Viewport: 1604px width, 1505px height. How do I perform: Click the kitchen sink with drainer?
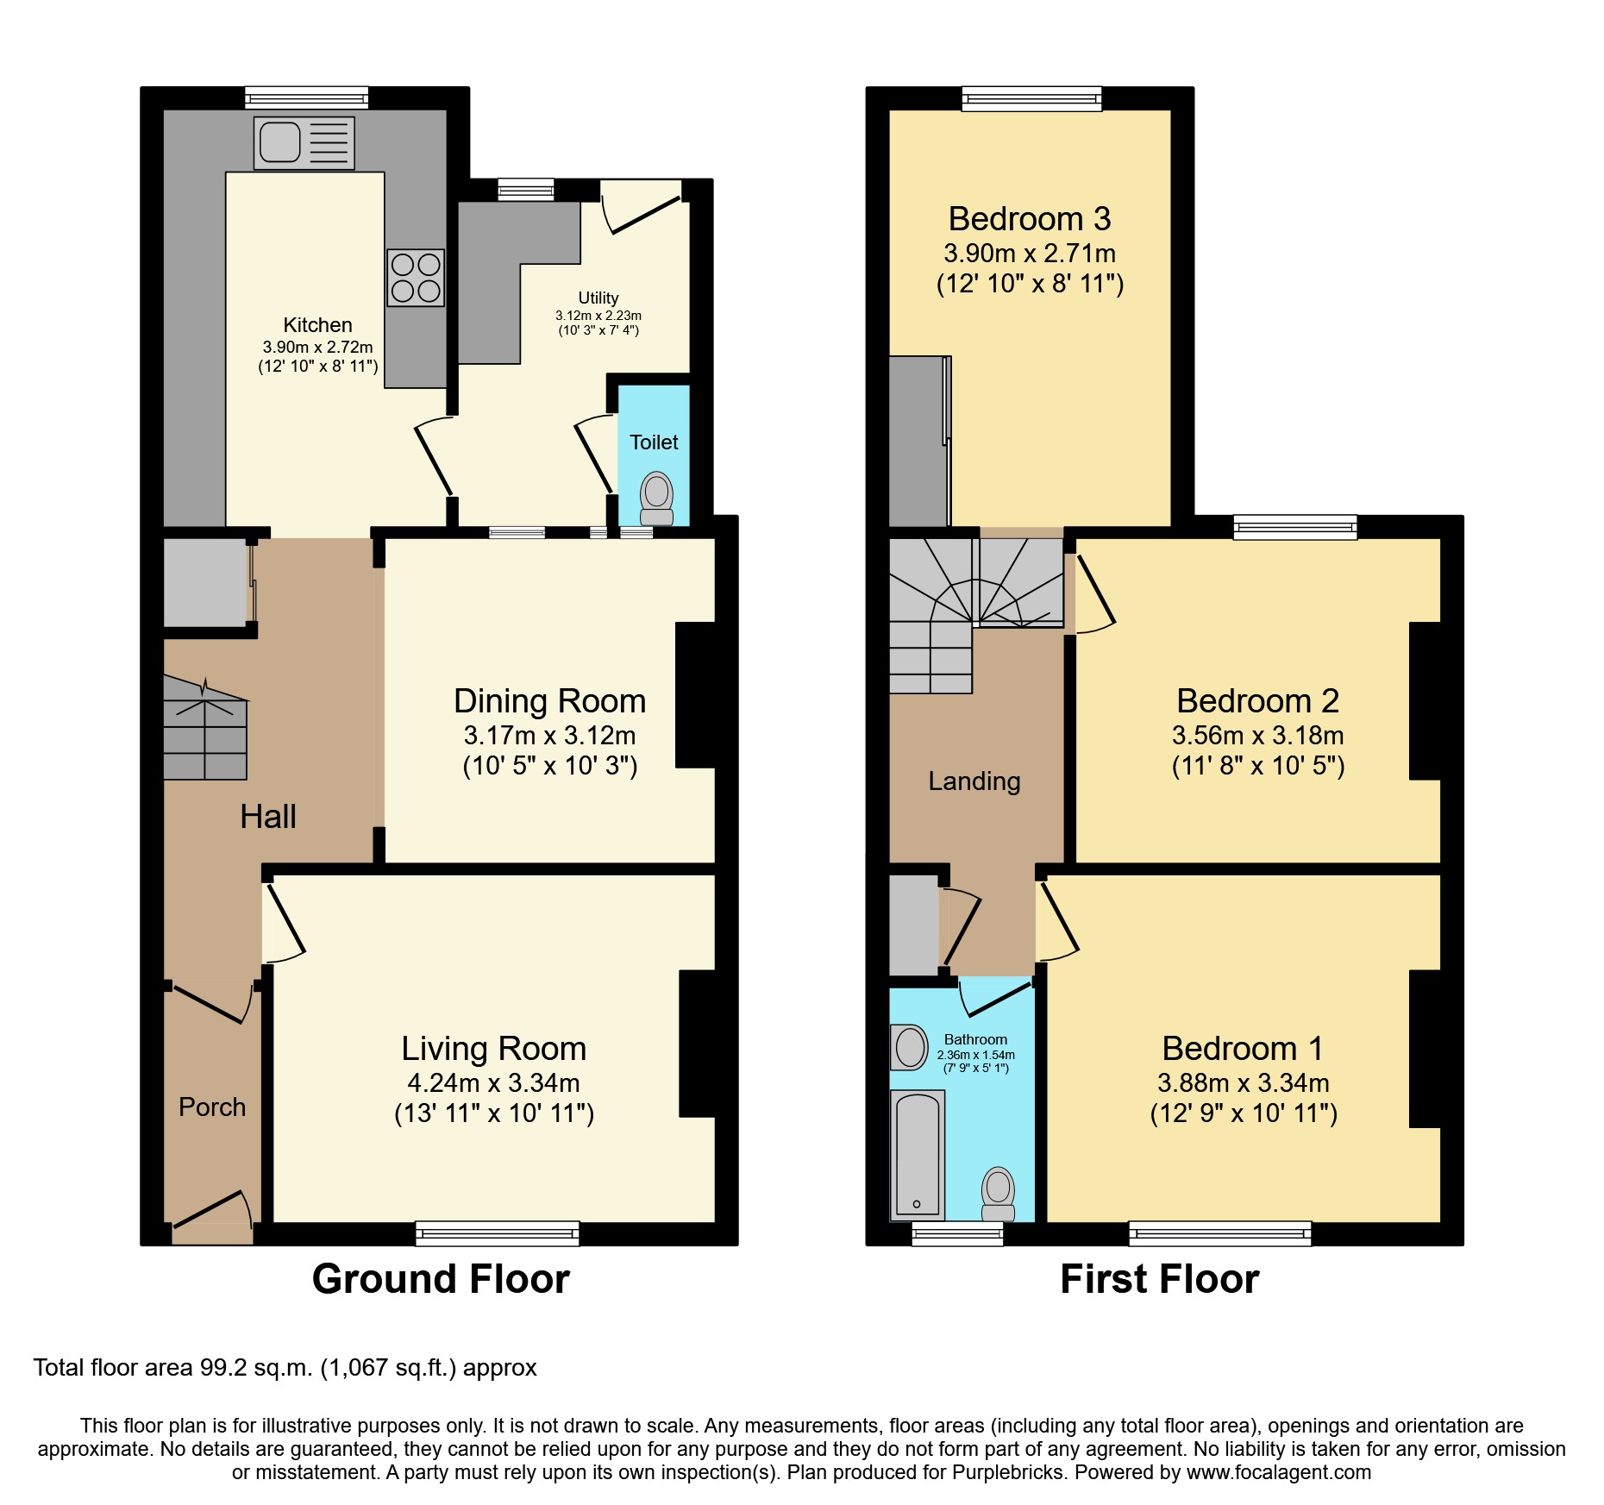pyautogui.click(x=304, y=142)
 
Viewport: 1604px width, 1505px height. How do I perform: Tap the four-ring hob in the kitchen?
pyautogui.click(x=416, y=278)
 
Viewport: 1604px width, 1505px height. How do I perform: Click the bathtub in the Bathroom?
pyautogui.click(x=918, y=1154)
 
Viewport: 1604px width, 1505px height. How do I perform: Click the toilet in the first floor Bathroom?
pyautogui.click(x=998, y=1193)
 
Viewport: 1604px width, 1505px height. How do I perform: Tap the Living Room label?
pyautogui.click(x=493, y=1049)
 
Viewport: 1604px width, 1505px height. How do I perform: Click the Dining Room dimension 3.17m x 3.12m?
pyautogui.click(x=549, y=736)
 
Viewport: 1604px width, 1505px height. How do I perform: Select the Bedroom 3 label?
pyautogui.click(x=1029, y=219)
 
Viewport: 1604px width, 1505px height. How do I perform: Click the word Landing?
pyautogui.click(x=974, y=781)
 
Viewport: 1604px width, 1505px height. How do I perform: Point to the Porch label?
pyautogui.click(x=212, y=1107)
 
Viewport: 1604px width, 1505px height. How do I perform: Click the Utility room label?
pyautogui.click(x=598, y=298)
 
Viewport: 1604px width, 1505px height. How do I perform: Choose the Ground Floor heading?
pyautogui.click(x=441, y=1278)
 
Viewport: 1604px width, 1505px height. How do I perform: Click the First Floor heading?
pyautogui.click(x=1158, y=1278)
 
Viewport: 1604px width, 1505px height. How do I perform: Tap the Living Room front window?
pyautogui.click(x=497, y=1233)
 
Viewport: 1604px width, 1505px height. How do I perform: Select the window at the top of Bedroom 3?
pyautogui.click(x=1031, y=98)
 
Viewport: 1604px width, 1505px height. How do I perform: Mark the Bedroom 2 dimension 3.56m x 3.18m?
pyautogui.click(x=1256, y=736)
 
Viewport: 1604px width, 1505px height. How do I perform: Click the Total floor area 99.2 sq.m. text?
pyautogui.click(x=285, y=1368)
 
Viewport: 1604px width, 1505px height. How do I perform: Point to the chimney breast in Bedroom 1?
pyautogui.click(x=1425, y=1049)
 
